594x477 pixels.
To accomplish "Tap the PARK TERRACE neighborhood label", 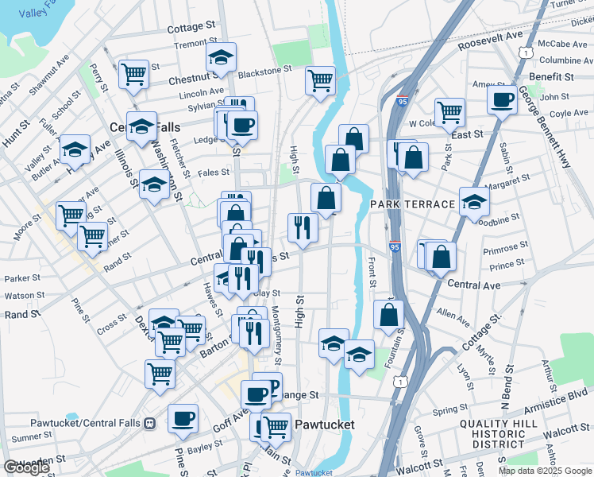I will point(412,204).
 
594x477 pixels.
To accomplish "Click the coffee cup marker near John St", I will point(502,101).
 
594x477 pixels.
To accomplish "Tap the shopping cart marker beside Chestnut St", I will point(134,75).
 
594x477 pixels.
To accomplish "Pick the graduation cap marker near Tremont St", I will point(222,57).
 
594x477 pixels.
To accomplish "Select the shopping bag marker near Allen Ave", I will point(388,315).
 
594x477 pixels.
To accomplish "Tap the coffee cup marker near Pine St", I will point(183,417).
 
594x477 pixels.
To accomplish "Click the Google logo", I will point(26,467).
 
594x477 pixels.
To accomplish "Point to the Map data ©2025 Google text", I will point(545,471).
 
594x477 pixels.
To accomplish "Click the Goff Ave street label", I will point(227,417).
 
